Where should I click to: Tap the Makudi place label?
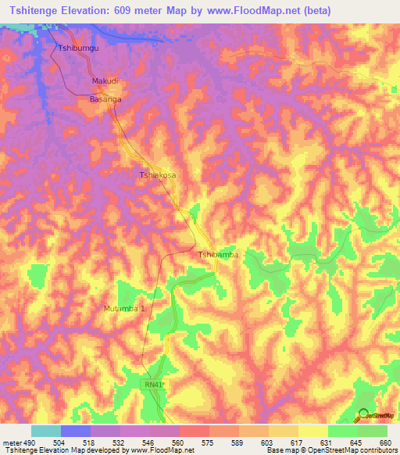(105, 81)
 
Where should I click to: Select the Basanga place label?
(105, 100)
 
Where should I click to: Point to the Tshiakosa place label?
(158, 176)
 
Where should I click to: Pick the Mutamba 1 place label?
(125, 309)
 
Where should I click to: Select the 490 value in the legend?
(23, 442)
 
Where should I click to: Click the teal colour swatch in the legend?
(46, 431)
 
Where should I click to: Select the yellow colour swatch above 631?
(312, 431)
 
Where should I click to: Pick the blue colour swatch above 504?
(76, 431)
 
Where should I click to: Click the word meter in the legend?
(9, 442)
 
